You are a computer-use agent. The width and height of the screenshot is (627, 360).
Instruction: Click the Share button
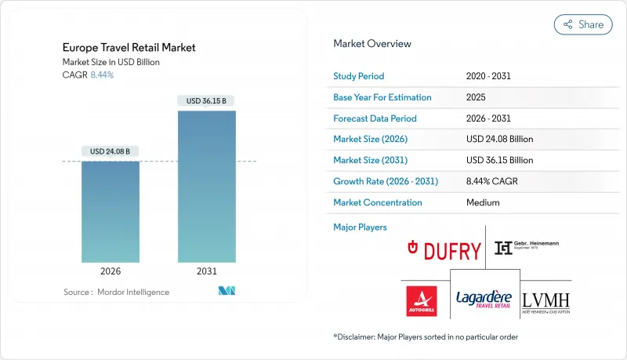[583, 24]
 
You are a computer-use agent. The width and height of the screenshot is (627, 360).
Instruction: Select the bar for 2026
[111, 212]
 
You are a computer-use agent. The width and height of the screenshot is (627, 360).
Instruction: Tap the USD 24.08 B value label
[111, 151]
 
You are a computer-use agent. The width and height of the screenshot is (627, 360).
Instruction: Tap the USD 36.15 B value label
[206, 100]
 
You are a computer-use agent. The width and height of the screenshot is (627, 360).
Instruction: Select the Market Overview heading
[371, 44]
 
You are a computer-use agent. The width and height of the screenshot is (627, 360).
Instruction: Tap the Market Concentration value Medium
[483, 202]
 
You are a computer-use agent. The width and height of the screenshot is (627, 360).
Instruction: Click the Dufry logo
[444, 250]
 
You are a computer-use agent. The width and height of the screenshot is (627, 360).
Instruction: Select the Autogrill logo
[422, 300]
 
